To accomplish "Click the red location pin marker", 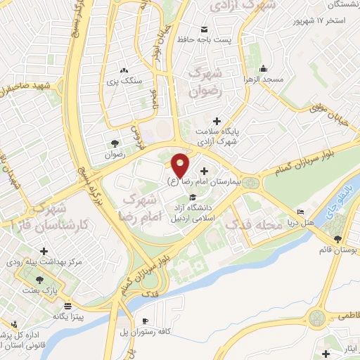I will click(180, 165).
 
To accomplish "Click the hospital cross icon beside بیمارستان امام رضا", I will click(205, 171).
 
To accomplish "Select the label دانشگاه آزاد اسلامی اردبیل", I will click(195, 212).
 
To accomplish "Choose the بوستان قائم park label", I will click(340, 250).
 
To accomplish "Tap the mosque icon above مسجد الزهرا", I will click(263, 69).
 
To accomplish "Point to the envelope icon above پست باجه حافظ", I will click(205, 30).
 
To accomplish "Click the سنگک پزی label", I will click(124, 81).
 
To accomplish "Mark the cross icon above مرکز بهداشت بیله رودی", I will click(44, 251).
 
